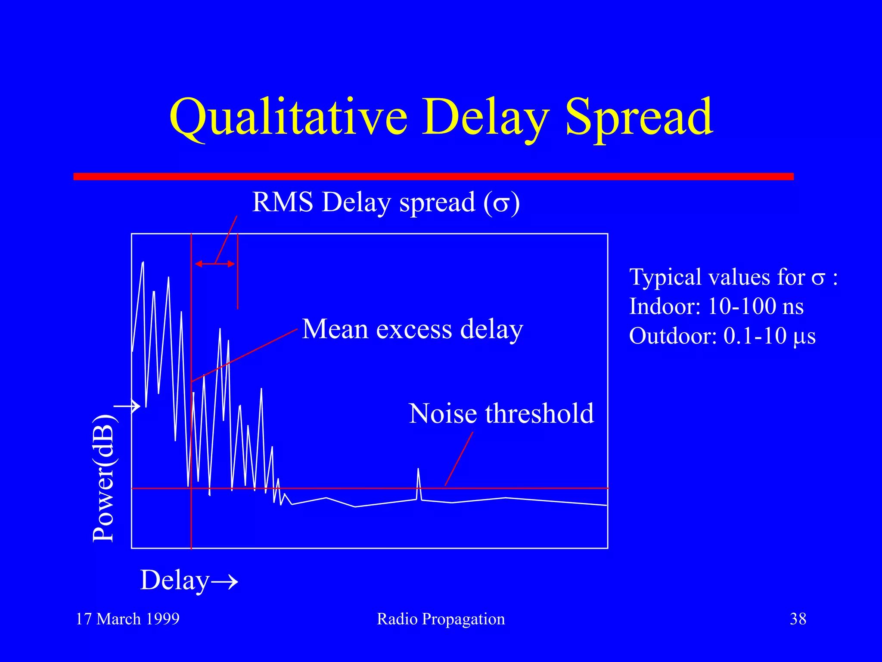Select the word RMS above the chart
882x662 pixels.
[x=283, y=202]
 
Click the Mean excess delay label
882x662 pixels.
[x=412, y=330]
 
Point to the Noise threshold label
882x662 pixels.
[x=501, y=414]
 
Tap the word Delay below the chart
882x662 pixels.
[x=175, y=581]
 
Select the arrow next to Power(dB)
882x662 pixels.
[x=127, y=406]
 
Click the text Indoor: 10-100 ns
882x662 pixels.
[x=716, y=306]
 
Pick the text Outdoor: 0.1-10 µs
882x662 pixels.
[x=722, y=336]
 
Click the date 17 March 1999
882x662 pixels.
[x=127, y=619]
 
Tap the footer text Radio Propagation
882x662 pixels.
[x=441, y=619]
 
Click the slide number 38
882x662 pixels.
[x=798, y=619]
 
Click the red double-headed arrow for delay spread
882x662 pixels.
[x=214, y=264]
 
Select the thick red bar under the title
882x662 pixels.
[x=433, y=176]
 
